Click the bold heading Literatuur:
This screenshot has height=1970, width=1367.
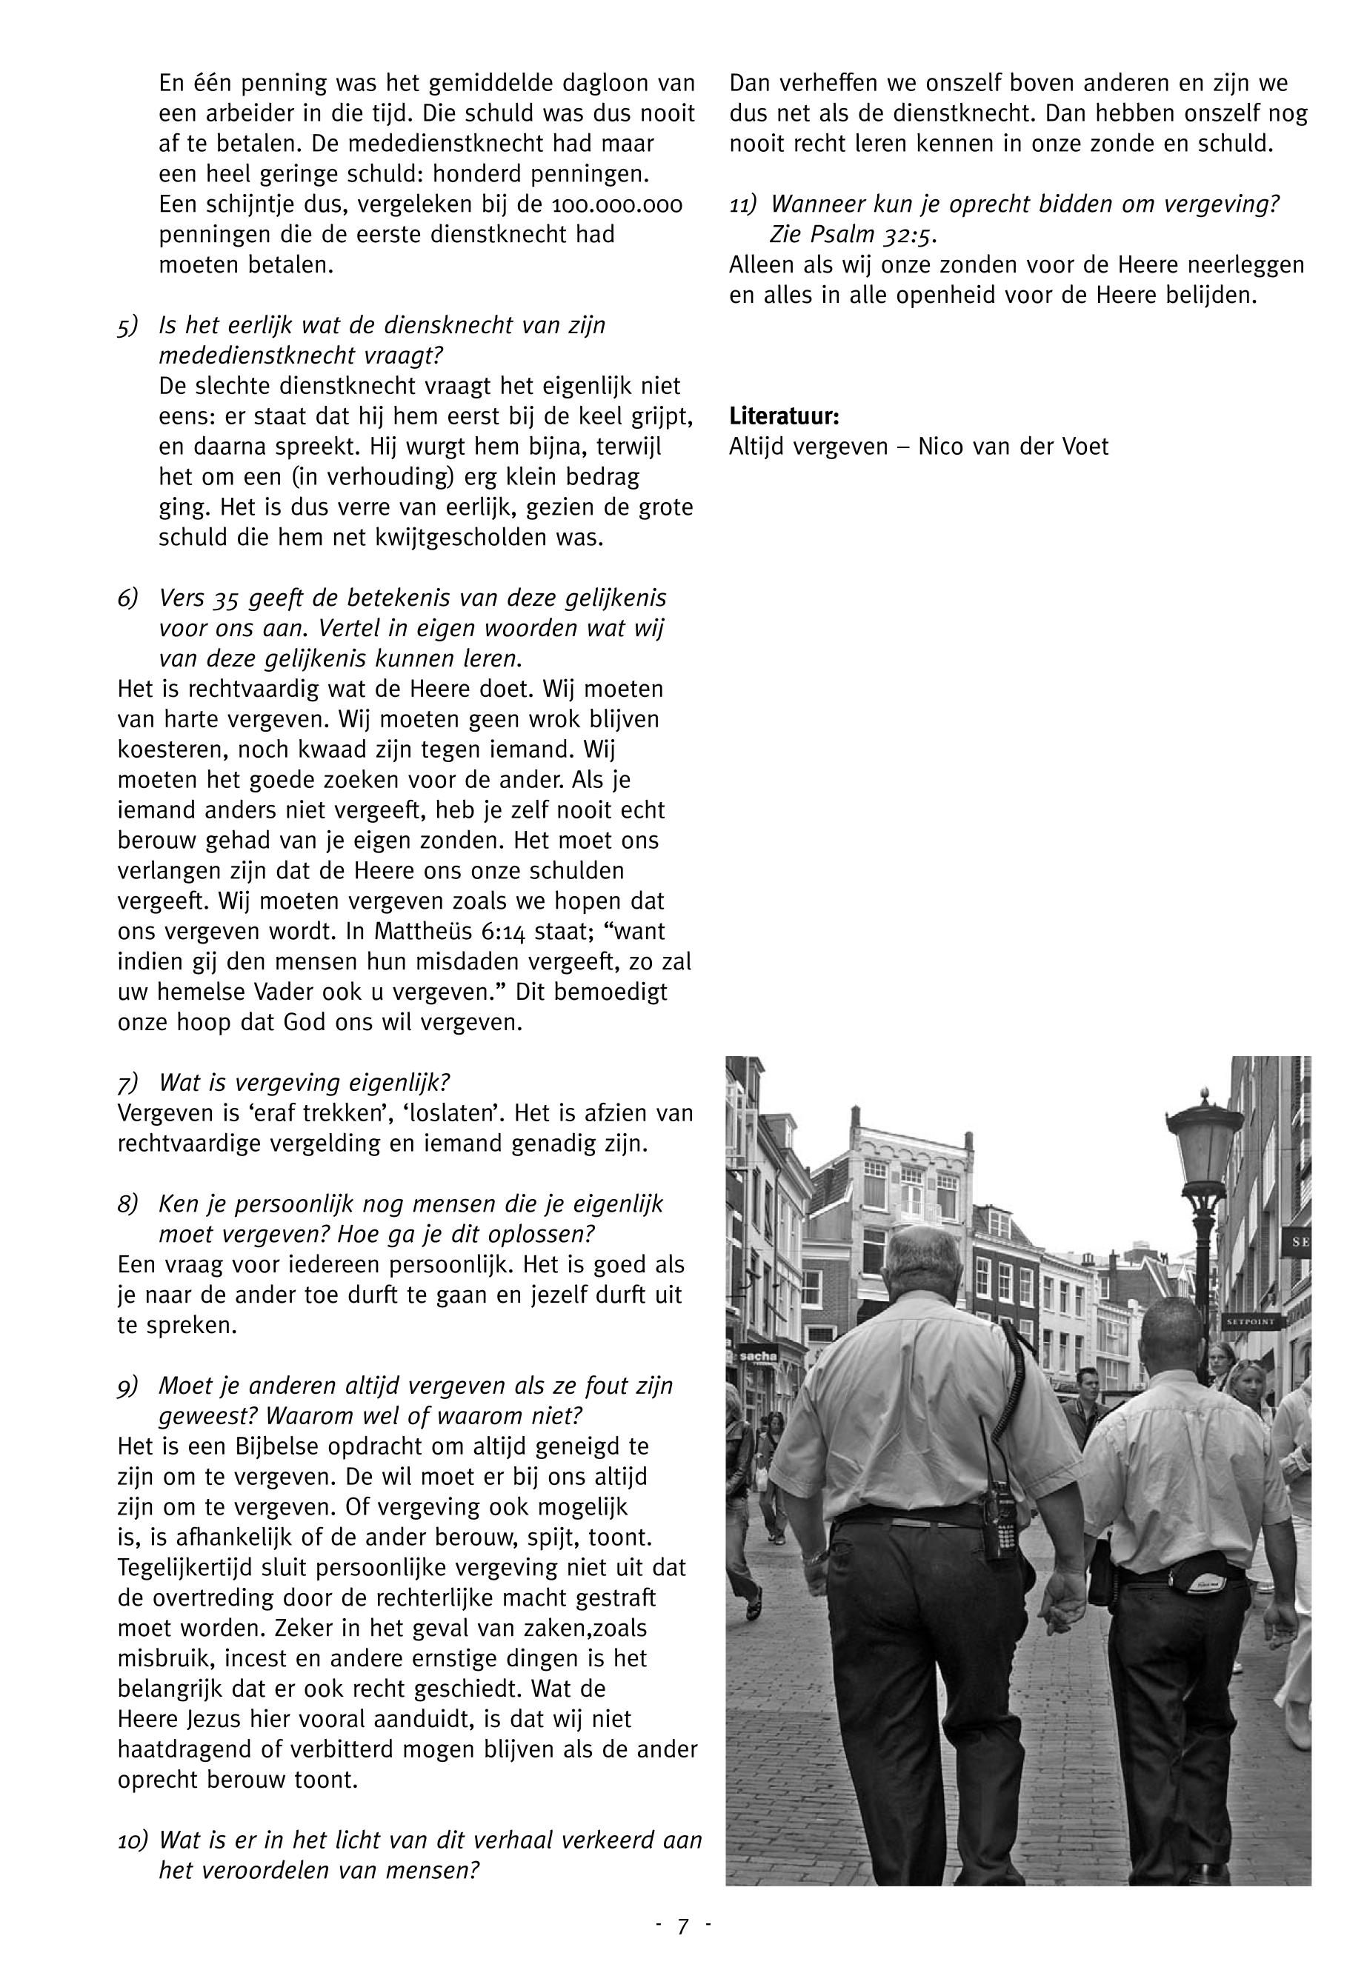(784, 417)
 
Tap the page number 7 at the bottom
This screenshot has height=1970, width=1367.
(682, 1926)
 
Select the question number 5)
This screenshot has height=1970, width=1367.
(127, 326)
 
